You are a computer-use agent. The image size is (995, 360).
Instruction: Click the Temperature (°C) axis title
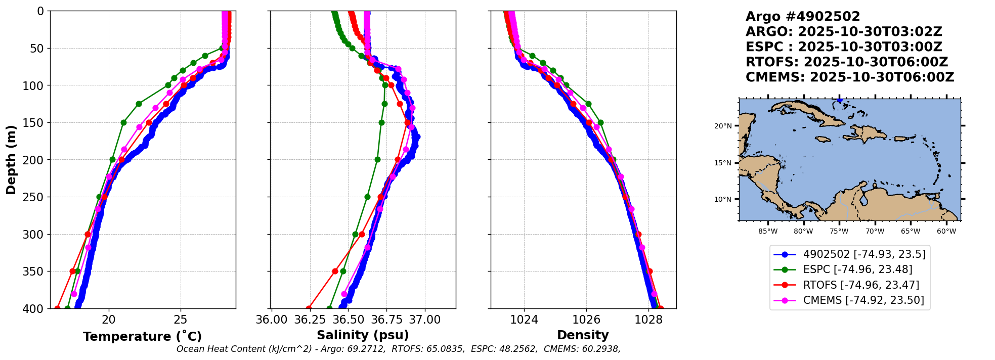tap(142, 336)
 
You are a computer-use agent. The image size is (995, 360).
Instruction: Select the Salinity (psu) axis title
tap(363, 335)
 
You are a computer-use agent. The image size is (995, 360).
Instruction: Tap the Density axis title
tap(583, 335)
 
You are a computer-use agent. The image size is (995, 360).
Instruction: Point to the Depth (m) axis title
tap(11, 159)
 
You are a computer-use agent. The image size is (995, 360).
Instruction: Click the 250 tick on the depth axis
tap(34, 197)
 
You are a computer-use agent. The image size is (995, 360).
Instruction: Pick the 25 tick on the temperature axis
tap(181, 320)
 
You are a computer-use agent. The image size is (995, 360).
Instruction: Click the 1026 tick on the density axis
tap(586, 320)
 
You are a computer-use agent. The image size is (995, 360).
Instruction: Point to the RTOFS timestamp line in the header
tap(847, 62)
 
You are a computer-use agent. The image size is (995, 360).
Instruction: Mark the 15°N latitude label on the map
tap(723, 163)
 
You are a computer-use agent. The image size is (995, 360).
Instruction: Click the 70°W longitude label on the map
tap(875, 232)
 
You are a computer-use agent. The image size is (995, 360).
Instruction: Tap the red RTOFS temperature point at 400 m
tap(57, 308)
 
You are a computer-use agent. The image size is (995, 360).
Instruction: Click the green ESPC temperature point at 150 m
tap(123, 122)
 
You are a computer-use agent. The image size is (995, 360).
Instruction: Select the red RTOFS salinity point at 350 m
tap(335, 271)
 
